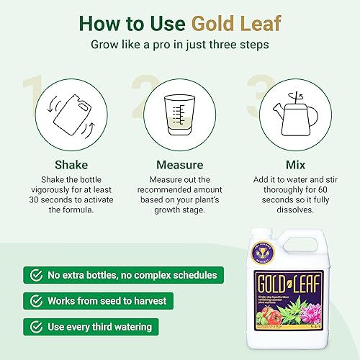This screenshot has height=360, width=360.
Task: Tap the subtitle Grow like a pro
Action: point(180,44)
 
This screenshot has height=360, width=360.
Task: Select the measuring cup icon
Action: point(181,113)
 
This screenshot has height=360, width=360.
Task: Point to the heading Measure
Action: point(181,164)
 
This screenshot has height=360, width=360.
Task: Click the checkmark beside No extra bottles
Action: point(32,274)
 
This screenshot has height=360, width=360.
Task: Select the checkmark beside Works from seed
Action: point(32,300)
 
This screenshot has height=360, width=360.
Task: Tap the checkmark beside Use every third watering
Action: point(32,326)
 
